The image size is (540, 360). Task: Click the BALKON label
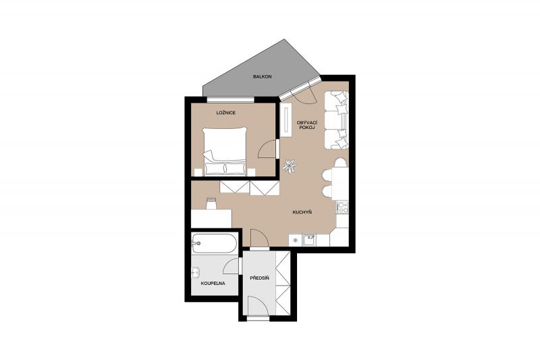pyautogui.click(x=262, y=76)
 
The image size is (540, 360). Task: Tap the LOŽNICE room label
pyautogui.click(x=226, y=113)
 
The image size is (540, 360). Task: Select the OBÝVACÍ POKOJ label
pyautogui.click(x=307, y=125)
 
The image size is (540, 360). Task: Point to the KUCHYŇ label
pyautogui.click(x=302, y=212)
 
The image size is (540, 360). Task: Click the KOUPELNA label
pyautogui.click(x=213, y=284)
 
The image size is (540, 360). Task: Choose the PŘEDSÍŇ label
pyautogui.click(x=259, y=278)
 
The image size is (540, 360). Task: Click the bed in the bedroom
pyautogui.click(x=225, y=151)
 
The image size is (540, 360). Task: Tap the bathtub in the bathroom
pyautogui.click(x=214, y=244)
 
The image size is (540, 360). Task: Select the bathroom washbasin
pyautogui.click(x=195, y=273)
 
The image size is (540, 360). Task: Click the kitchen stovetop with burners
pyautogui.click(x=342, y=207)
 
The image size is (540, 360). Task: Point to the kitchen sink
pyautogui.click(x=308, y=240)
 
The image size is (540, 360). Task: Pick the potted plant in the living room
pyautogui.click(x=289, y=166)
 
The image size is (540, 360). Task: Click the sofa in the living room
pyautogui.click(x=336, y=120)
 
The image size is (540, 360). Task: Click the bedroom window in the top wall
pyautogui.click(x=231, y=99)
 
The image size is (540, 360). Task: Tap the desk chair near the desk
pyautogui.click(x=211, y=203)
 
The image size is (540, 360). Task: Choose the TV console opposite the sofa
pyautogui.click(x=286, y=120)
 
